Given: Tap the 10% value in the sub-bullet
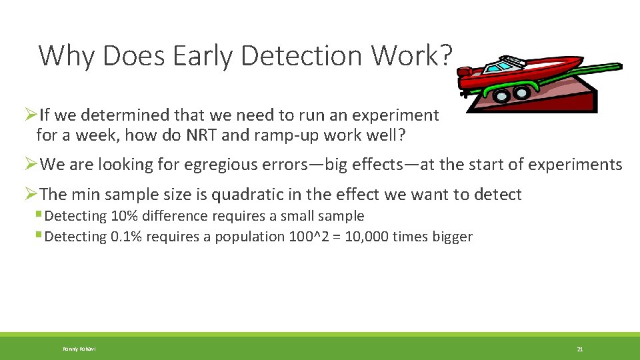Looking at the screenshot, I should (x=126, y=216).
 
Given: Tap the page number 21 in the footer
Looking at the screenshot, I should (x=580, y=349).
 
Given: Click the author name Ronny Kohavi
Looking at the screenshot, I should (x=79, y=349).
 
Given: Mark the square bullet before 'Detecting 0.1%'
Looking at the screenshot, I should (x=39, y=236).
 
